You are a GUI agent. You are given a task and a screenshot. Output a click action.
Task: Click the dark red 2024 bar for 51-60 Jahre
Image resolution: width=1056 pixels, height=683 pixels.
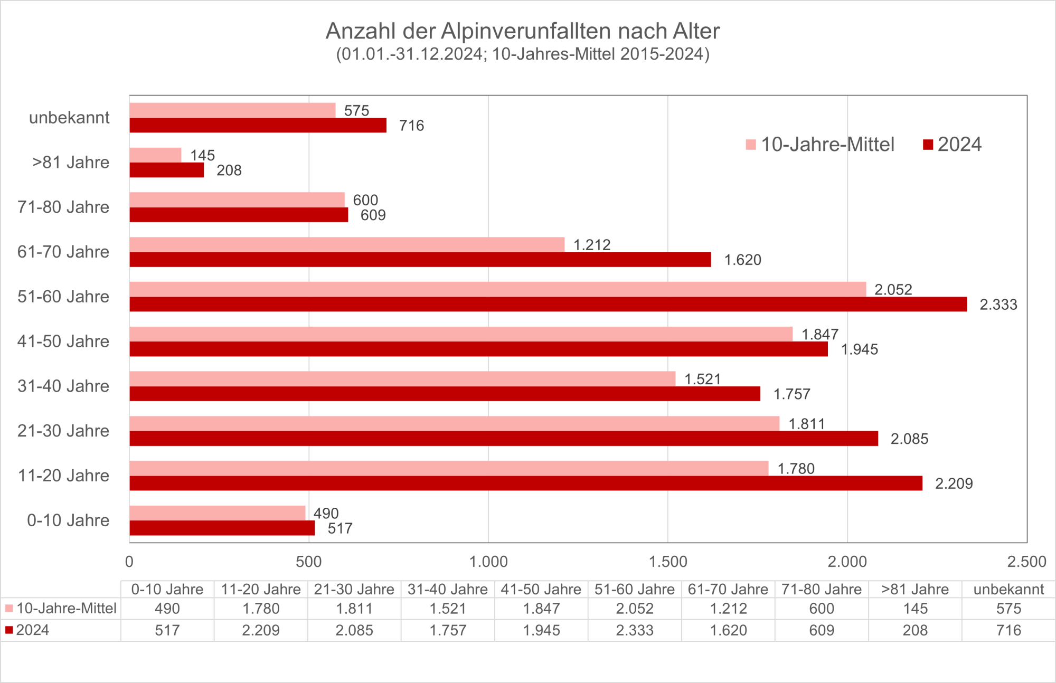point(548,305)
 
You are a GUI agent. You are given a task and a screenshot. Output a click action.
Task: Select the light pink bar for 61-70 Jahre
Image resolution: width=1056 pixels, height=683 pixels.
point(347,244)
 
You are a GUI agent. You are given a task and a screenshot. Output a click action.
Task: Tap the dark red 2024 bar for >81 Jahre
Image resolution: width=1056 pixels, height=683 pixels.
point(167,170)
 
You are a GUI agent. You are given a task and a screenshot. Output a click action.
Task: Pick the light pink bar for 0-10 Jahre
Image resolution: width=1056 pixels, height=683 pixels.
point(218,513)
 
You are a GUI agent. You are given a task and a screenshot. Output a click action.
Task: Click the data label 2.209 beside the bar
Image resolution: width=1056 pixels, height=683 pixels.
point(954,483)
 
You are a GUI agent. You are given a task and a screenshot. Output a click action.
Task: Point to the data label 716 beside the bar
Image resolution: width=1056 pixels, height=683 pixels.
point(411,126)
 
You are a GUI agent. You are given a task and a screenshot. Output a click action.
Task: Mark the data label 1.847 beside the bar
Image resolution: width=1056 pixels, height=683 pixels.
point(819,334)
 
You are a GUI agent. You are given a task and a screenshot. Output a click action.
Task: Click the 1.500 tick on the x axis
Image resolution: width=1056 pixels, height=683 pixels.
point(668,562)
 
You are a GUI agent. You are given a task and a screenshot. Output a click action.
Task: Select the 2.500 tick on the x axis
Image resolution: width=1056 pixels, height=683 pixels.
point(1026,562)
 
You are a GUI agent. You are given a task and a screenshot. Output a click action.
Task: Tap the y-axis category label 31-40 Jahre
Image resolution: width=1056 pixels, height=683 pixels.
point(63,386)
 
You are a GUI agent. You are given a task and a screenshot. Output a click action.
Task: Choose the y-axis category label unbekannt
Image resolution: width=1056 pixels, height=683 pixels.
point(69,118)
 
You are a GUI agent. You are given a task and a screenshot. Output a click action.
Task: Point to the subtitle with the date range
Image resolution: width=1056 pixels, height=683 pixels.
point(523,54)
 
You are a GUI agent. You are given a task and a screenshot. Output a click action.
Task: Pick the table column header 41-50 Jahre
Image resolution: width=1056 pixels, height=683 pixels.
point(541,589)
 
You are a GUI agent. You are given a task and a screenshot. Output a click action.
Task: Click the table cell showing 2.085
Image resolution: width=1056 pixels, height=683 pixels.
point(354,630)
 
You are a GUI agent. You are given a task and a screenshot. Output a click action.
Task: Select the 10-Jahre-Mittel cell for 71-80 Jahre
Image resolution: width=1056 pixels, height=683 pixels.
point(822,609)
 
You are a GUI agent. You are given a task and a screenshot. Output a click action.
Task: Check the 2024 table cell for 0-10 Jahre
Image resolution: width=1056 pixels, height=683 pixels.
point(167,630)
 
